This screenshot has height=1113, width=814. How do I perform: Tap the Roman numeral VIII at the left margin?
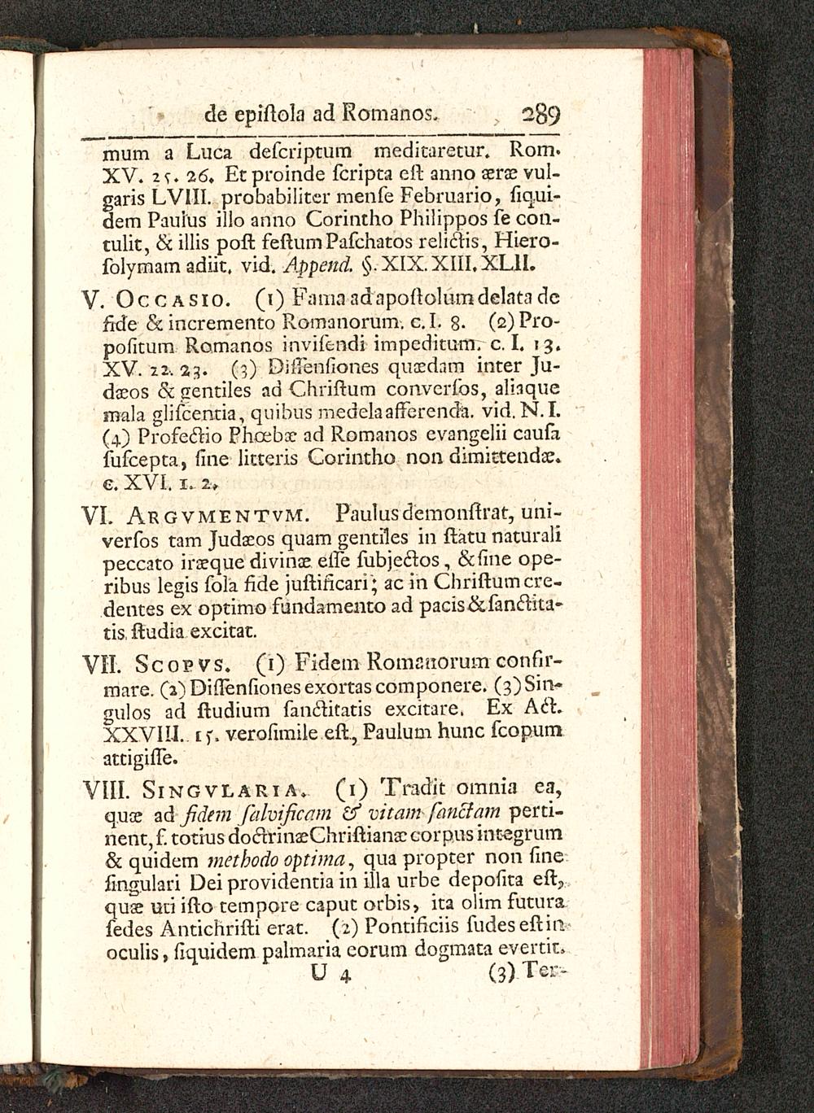[105, 791]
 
